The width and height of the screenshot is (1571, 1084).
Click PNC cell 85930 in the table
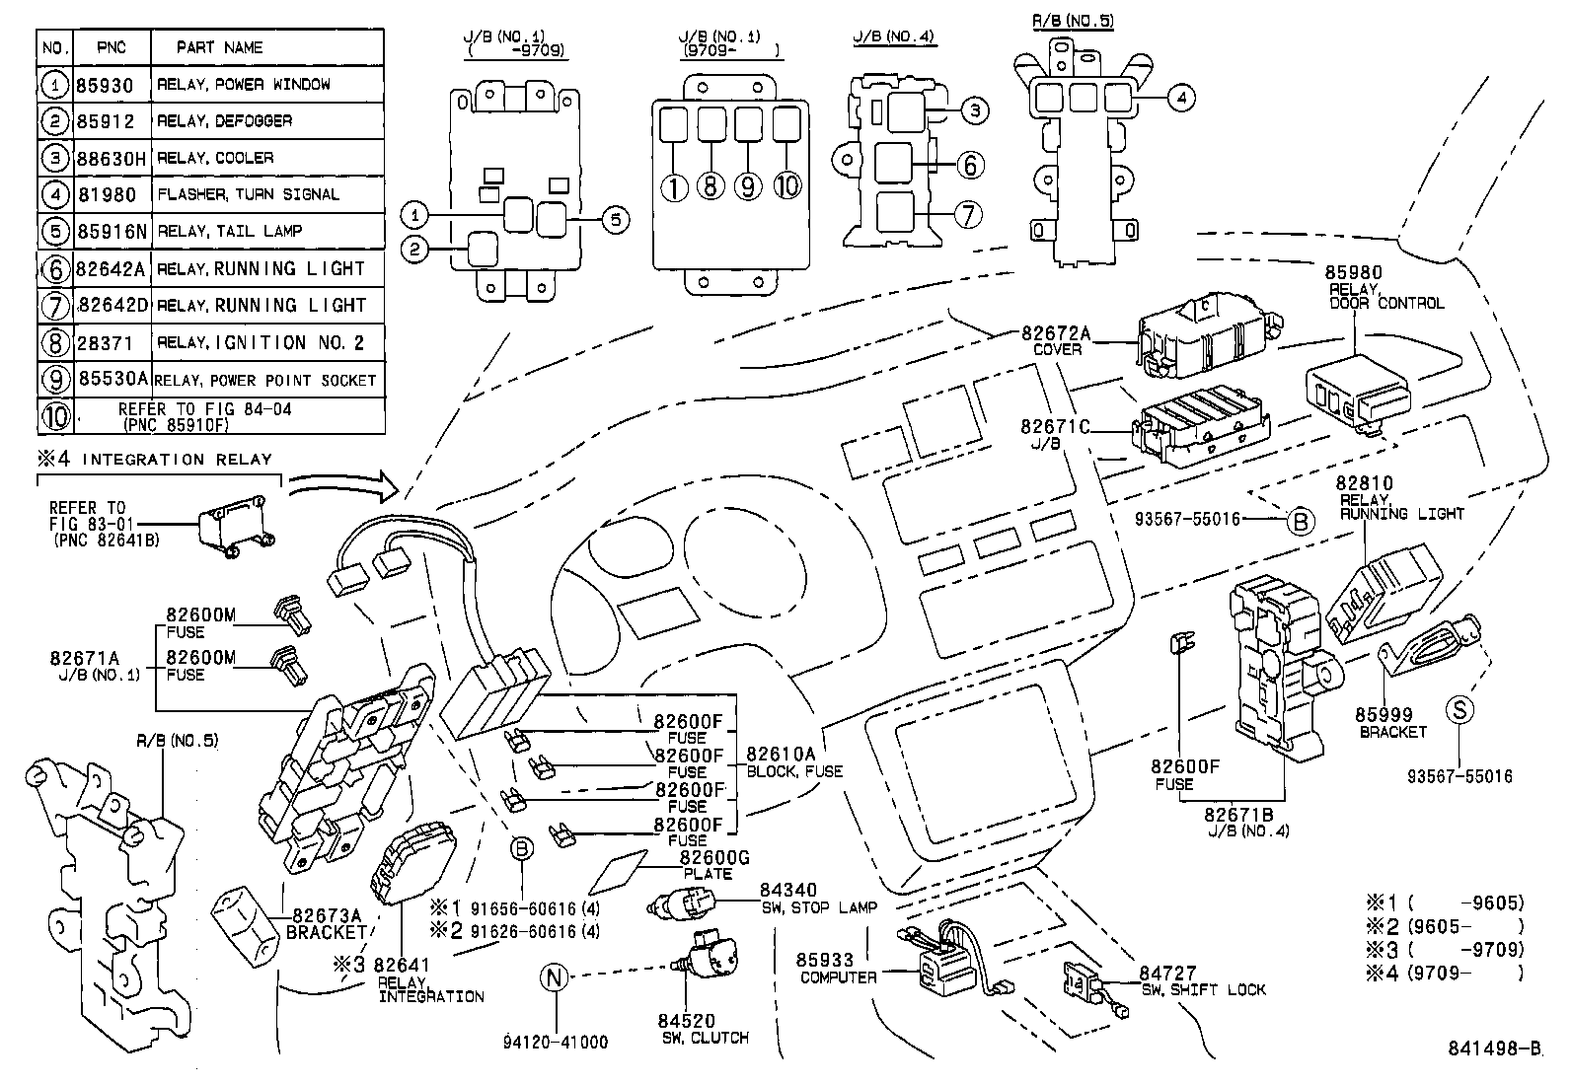105,85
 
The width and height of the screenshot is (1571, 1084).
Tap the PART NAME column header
219,47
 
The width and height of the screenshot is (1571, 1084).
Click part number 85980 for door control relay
1355,273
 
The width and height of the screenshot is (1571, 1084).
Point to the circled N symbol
556,976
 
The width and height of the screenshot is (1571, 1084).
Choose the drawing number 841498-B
1494,1048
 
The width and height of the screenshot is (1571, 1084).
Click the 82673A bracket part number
326,915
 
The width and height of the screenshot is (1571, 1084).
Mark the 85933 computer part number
825,960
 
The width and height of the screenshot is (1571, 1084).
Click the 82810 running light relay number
1365,483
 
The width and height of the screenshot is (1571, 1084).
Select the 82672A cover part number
1056,333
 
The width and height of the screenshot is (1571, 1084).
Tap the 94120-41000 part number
556,1042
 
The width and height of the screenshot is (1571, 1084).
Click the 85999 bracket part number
1384,715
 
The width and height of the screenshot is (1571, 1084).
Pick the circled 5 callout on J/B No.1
615,220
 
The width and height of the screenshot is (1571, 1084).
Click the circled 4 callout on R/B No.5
1180,98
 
